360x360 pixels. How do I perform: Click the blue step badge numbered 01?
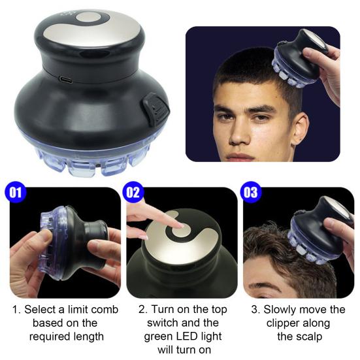16,192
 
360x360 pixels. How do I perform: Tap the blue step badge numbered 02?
133,192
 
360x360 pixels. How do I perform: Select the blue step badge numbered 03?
250,192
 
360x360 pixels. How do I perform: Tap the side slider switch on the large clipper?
156,109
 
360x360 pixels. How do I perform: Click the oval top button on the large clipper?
88,18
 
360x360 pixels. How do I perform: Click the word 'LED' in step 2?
186,336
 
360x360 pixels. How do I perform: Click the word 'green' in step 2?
158,337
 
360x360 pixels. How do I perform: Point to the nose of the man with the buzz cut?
240,135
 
